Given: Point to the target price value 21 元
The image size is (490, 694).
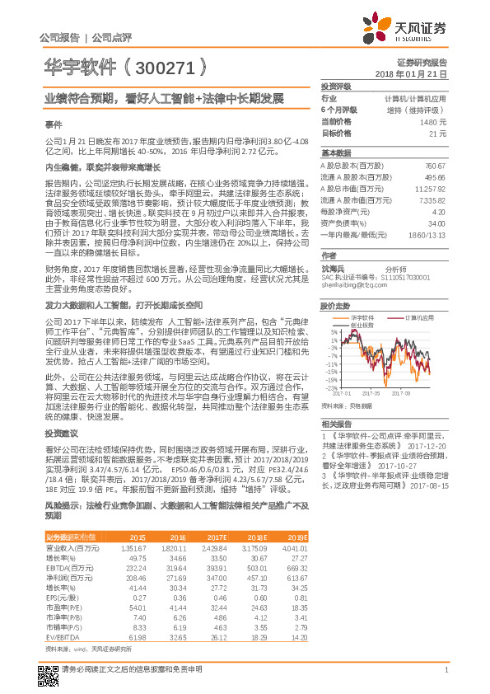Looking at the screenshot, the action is [x=438, y=133].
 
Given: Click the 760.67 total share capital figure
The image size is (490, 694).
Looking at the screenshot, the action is [x=434, y=166].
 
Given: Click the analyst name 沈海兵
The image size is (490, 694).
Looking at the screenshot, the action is [x=335, y=269].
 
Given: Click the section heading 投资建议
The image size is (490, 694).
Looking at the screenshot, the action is [x=61, y=434].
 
